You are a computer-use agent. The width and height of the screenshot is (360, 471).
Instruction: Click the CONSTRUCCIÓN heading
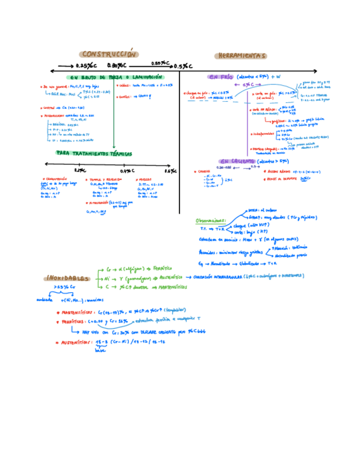click(x=108, y=54)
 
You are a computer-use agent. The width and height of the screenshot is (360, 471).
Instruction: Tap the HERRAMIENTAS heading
click(x=240, y=56)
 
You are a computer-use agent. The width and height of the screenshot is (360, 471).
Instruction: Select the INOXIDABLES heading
click(x=67, y=278)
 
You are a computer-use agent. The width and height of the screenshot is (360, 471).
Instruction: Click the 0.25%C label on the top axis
click(x=84, y=66)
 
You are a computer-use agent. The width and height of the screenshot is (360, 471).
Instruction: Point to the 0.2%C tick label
click(x=79, y=171)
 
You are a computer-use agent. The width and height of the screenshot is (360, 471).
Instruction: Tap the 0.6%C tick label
click(x=169, y=171)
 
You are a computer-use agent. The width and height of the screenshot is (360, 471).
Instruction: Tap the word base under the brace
click(x=100, y=350)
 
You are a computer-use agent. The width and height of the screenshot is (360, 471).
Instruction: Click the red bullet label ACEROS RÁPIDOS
click(x=280, y=172)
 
